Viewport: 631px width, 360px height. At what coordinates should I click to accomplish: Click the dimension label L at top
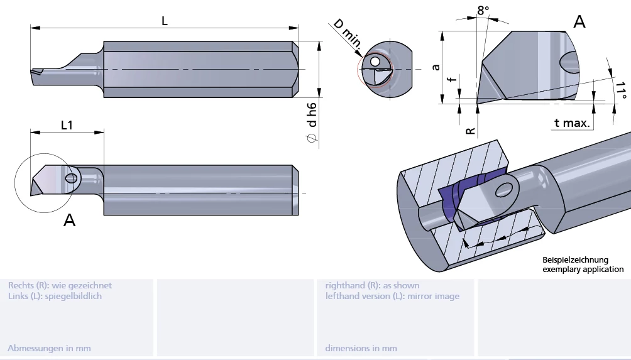pyautogui.click(x=165, y=20)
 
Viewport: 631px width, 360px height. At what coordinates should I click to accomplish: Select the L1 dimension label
pyautogui.click(x=67, y=125)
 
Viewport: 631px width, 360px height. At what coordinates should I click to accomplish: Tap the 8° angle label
pyautogui.click(x=483, y=10)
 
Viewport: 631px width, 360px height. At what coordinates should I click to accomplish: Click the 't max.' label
pyautogui.click(x=572, y=123)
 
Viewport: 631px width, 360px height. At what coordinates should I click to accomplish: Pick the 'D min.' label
pyautogui.click(x=346, y=33)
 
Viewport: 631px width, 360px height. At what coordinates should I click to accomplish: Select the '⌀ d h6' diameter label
pyautogui.click(x=311, y=123)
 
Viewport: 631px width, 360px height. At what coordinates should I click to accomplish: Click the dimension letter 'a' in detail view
pyautogui.click(x=436, y=66)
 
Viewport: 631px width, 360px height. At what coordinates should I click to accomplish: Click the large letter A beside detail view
pyautogui.click(x=579, y=22)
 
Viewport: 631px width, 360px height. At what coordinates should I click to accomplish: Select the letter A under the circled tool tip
pyautogui.click(x=69, y=220)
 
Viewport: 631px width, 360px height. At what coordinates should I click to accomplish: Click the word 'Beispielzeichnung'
pyautogui.click(x=576, y=259)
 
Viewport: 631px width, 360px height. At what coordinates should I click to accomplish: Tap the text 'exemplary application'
pyautogui.click(x=583, y=269)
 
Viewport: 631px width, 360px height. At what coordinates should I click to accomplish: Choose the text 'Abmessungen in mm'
pyautogui.click(x=49, y=347)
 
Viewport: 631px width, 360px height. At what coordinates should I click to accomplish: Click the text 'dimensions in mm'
pyautogui.click(x=361, y=347)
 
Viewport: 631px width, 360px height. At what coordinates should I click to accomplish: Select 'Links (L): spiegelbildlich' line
pyautogui.click(x=55, y=296)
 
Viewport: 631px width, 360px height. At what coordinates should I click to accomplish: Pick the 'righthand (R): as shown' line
pyautogui.click(x=372, y=285)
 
